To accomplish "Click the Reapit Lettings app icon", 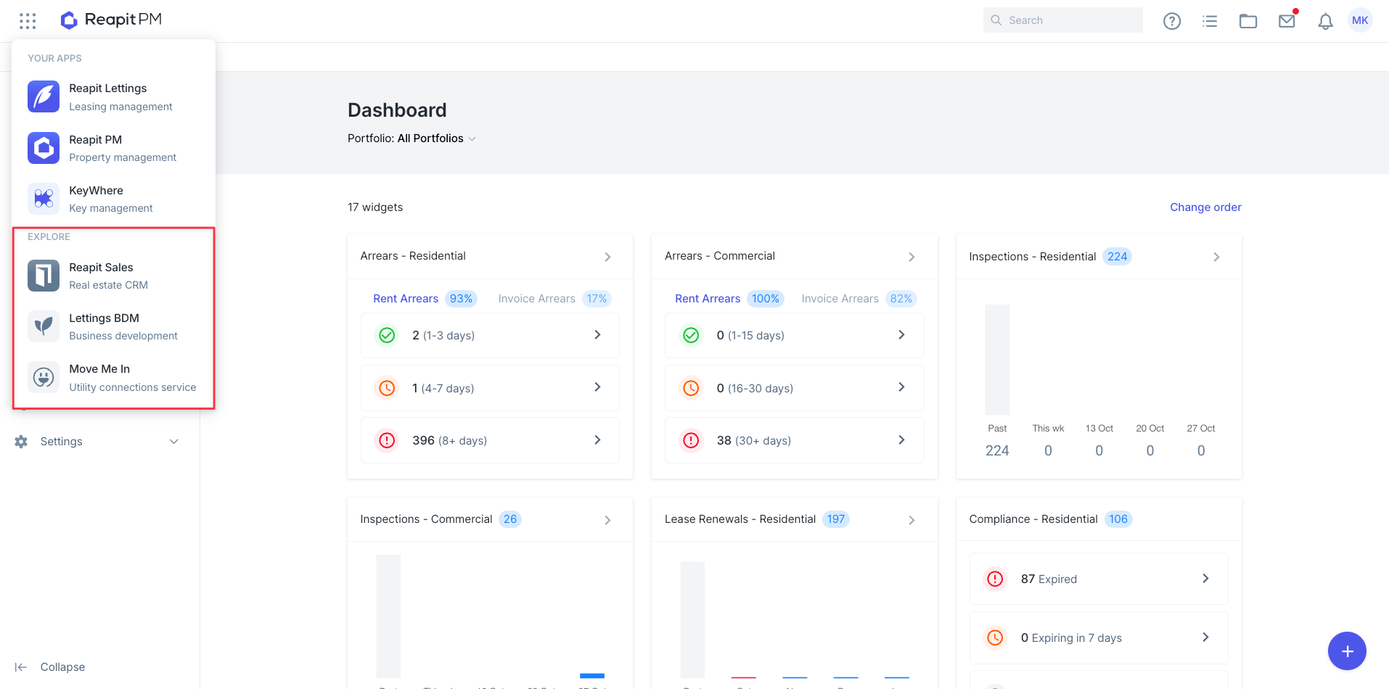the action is (44, 96).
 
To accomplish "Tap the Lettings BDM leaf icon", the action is (44, 326).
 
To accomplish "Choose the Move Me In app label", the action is (99, 368).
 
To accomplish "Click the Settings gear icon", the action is (21, 442).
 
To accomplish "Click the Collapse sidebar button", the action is (50, 667).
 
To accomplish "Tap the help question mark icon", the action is (1172, 21).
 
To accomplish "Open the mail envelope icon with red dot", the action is (1287, 20).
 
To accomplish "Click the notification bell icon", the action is (1325, 21).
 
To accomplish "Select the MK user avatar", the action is (1360, 20).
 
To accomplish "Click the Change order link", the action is (1205, 207).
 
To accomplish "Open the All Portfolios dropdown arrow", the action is (472, 139).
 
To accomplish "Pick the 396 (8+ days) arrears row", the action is (490, 440).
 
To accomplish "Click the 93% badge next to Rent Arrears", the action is (461, 299).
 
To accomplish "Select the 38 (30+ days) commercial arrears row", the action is (794, 440).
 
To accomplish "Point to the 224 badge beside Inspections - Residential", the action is (1117, 257).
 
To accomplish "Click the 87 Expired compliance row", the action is (1099, 579).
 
